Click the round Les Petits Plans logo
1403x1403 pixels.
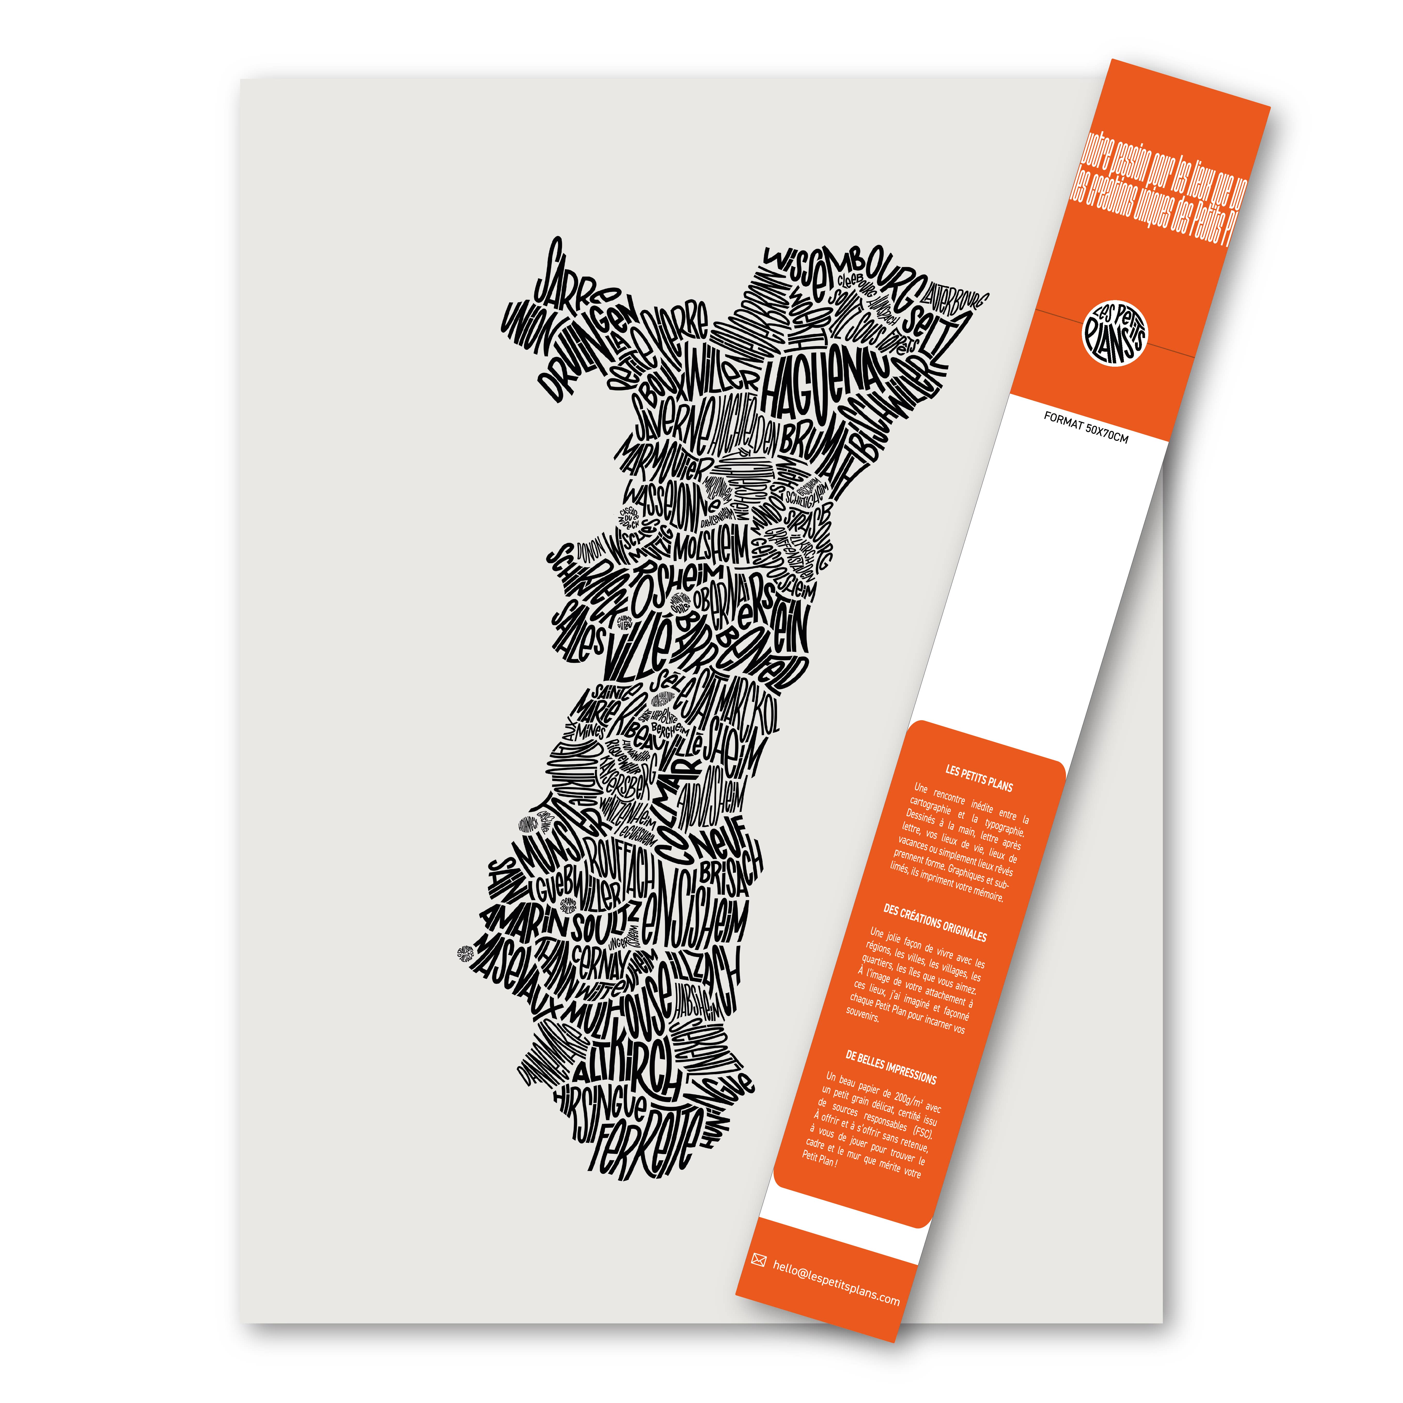1115,333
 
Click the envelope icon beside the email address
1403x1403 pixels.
759,1260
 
